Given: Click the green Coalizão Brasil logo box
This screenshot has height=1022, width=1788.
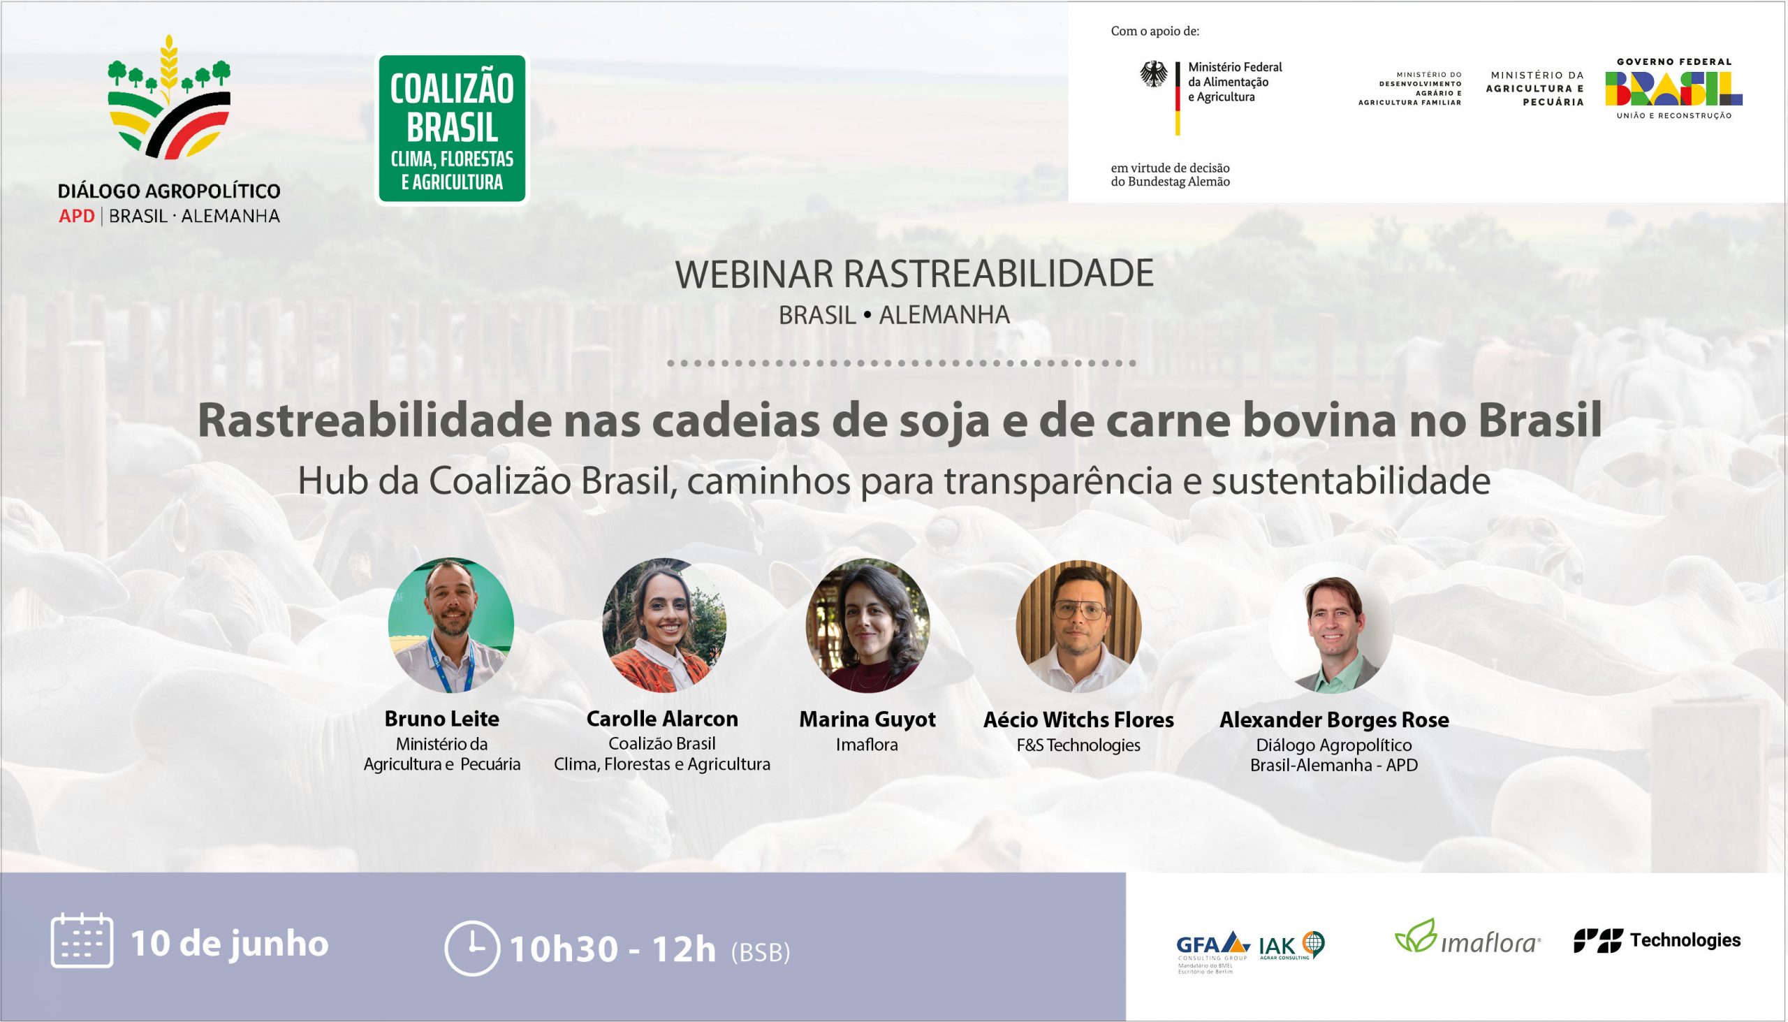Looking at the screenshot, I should click(453, 129).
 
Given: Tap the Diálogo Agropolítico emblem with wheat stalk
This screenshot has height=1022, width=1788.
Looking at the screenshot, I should click(169, 98).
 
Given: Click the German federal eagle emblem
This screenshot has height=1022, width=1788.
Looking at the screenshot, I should click(1155, 75).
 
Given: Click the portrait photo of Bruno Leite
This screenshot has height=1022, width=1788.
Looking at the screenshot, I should click(451, 625).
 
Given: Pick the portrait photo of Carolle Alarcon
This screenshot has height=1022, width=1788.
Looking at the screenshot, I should click(664, 625).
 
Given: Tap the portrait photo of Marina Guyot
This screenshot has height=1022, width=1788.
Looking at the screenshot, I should click(867, 625).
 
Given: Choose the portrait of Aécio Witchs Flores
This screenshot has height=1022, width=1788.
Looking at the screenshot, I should click(1078, 625).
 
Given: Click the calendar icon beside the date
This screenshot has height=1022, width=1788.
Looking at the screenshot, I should click(82, 941).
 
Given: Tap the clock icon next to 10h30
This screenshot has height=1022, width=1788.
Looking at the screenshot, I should click(473, 947).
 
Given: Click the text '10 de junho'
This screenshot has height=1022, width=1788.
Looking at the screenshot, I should click(230, 943).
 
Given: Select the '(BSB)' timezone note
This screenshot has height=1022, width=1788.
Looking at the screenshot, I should click(761, 953).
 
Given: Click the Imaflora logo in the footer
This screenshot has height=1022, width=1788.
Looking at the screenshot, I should click(1467, 937).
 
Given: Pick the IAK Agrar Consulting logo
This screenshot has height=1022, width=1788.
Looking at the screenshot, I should click(1291, 944).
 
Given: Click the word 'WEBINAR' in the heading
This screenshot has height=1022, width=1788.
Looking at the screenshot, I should click(754, 275).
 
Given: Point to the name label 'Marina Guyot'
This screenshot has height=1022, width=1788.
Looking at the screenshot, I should click(867, 720).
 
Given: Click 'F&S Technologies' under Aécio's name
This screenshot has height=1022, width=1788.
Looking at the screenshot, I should click(1078, 745).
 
